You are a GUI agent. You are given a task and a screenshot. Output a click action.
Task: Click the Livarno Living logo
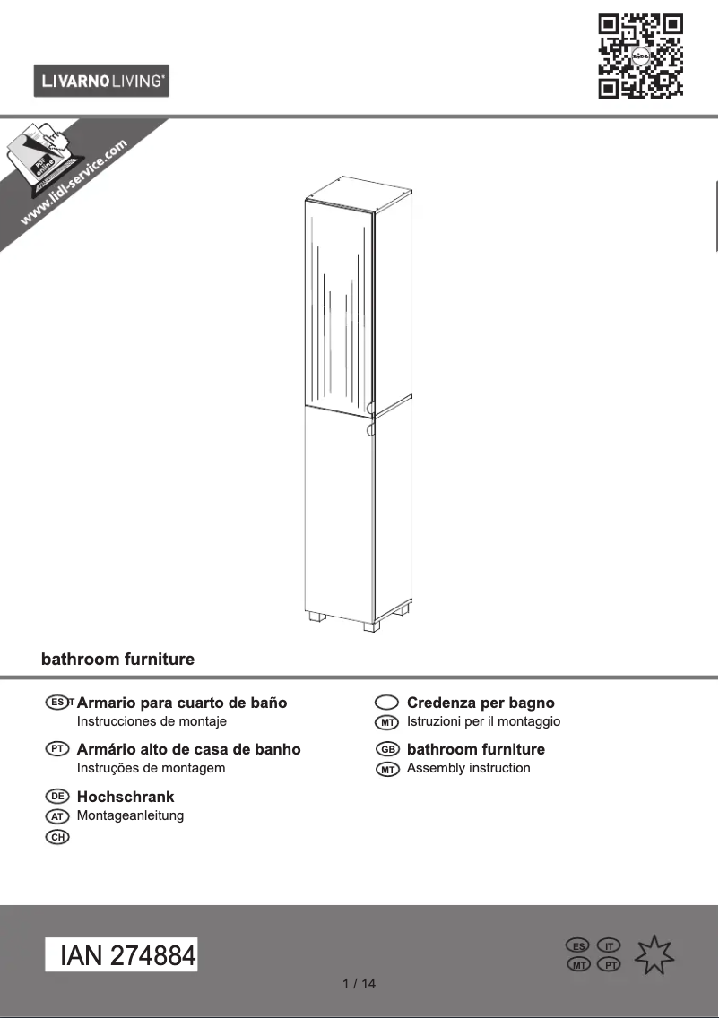click(101, 82)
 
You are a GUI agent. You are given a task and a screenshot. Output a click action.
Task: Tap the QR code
click(640, 56)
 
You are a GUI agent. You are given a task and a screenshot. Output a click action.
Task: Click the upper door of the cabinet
click(338, 309)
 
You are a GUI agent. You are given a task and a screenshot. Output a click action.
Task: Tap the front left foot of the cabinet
click(315, 618)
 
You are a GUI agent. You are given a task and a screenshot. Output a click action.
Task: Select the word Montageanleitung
click(130, 815)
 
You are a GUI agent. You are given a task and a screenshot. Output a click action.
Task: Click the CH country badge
click(57, 837)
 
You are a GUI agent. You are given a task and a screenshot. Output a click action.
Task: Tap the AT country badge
click(57, 816)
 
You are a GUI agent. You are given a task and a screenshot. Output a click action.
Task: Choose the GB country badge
click(387, 749)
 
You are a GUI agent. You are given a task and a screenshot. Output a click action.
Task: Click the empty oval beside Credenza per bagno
click(386, 703)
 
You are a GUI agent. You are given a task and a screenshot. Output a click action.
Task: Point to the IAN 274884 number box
click(121, 955)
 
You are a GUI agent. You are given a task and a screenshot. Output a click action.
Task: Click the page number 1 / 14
click(359, 984)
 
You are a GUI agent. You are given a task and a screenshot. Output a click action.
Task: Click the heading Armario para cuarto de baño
click(182, 703)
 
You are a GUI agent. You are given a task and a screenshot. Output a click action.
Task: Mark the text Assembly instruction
click(468, 768)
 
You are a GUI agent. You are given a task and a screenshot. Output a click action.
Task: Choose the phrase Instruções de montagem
click(151, 768)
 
